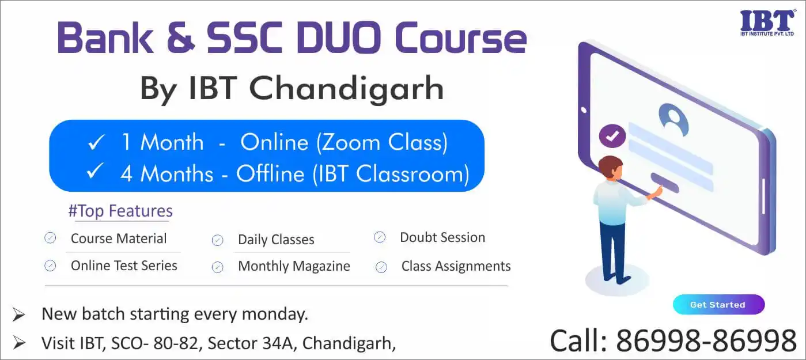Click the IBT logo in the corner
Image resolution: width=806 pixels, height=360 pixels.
(767, 23)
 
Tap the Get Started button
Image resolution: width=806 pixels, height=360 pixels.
(718, 305)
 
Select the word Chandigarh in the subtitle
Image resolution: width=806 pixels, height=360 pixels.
(346, 89)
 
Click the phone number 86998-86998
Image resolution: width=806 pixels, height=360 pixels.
(706, 340)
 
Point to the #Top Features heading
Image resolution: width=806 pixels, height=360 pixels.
(120, 211)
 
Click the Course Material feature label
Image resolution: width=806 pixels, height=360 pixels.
(119, 238)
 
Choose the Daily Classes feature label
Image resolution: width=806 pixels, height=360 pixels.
(276, 240)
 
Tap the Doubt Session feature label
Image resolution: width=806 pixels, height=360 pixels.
(442, 237)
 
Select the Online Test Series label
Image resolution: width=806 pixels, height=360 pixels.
(124, 266)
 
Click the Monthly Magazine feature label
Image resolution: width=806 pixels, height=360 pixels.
(294, 266)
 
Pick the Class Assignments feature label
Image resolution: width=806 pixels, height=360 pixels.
(456, 267)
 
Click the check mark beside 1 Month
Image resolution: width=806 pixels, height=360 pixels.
(96, 142)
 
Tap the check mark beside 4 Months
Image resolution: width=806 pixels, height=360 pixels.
(95, 171)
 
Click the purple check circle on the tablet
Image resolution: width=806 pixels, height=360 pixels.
(612, 135)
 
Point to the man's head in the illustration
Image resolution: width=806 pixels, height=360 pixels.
(610, 168)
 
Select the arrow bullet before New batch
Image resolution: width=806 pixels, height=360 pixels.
(18, 314)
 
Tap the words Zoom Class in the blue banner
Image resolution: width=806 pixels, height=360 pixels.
(382, 142)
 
